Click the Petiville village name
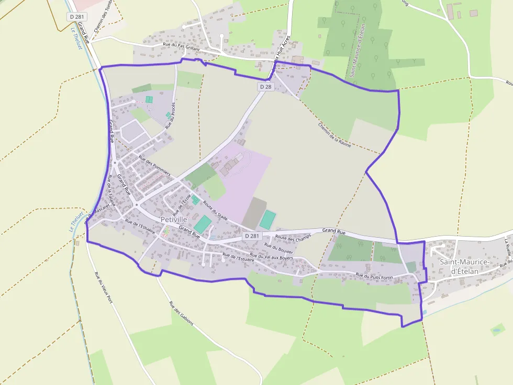click(x=174, y=219)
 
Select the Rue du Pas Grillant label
click(x=182, y=46)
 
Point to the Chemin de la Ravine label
click(x=334, y=134)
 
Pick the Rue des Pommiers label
click(x=154, y=166)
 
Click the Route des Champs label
click(x=293, y=237)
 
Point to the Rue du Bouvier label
click(x=279, y=248)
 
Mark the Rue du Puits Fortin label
click(x=374, y=275)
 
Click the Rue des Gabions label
click(x=181, y=313)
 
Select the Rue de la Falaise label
click(x=111, y=190)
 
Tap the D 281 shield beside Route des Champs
click(x=252, y=236)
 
